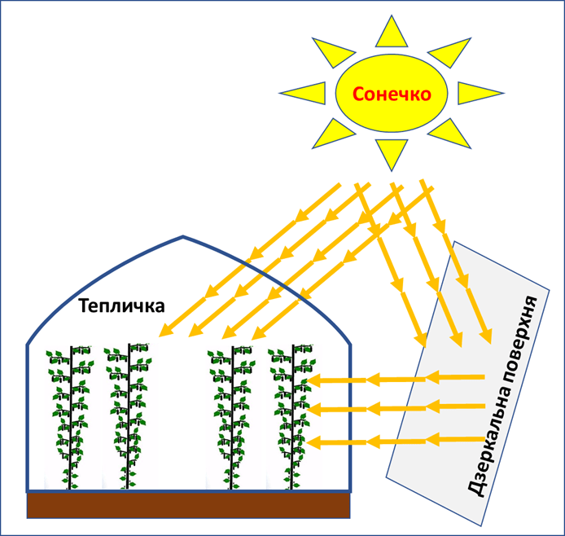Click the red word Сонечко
(x=392, y=94)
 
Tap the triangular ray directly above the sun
(x=391, y=33)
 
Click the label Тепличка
(x=121, y=306)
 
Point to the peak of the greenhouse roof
(x=183, y=238)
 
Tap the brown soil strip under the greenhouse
(x=189, y=506)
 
